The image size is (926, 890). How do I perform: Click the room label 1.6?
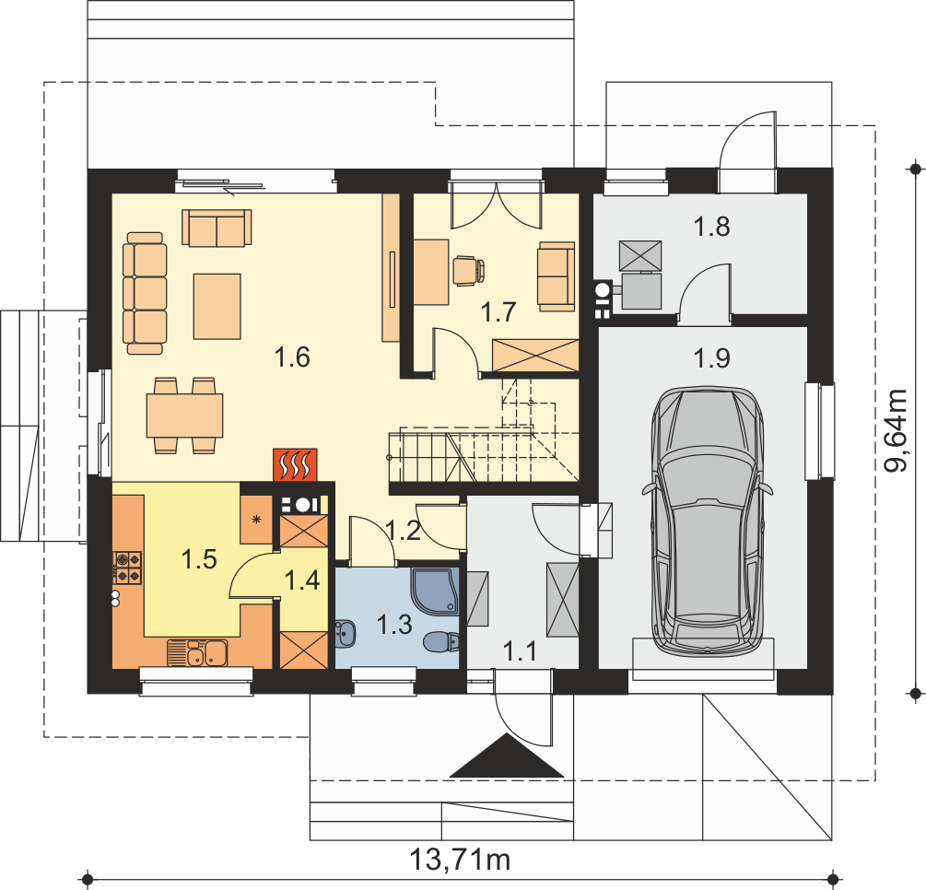point(292,357)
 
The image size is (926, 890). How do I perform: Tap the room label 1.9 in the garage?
point(711,357)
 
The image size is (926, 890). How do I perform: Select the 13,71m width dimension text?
point(460,860)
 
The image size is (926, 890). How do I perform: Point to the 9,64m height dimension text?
point(895,430)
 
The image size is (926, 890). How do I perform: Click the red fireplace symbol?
point(295,464)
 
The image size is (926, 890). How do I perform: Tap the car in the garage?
point(707,521)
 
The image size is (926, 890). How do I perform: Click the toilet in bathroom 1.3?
point(441,642)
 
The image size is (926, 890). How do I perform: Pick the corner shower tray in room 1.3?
point(435,591)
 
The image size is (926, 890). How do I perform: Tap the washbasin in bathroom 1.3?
point(346,634)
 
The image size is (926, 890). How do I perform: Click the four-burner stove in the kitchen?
point(127,568)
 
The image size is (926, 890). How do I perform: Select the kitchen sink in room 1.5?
point(197,653)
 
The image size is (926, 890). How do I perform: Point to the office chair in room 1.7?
point(469,271)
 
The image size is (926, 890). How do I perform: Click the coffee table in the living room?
point(217,306)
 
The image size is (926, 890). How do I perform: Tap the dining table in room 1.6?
point(185,416)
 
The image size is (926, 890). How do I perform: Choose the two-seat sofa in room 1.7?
point(556,276)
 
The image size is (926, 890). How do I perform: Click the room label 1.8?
point(711,227)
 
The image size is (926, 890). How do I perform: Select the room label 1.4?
point(302,580)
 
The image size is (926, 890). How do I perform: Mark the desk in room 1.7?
point(431,272)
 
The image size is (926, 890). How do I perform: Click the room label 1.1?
point(520,651)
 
